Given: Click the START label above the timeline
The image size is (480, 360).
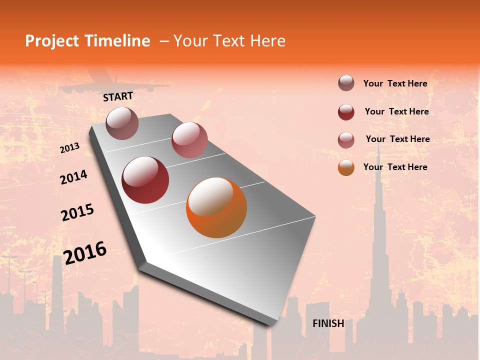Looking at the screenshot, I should (x=118, y=96).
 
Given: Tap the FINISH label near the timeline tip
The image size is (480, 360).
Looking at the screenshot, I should (x=328, y=323).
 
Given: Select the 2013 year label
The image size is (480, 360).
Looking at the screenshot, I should (x=70, y=148).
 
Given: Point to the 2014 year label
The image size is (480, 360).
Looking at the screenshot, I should (x=73, y=177).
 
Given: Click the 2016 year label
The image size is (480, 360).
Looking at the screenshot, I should (x=85, y=253).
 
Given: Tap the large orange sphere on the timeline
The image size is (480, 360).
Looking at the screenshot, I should (x=216, y=207).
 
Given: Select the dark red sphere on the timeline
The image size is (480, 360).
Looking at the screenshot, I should (x=145, y=180).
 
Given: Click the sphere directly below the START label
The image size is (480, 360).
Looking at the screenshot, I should (x=122, y=123).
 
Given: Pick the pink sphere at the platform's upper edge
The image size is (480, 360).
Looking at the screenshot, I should (x=189, y=140).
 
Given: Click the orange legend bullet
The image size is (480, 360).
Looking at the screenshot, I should (x=346, y=167).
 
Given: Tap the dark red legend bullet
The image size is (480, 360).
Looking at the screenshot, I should (x=346, y=112).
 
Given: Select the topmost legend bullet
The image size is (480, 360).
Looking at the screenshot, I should (x=346, y=83).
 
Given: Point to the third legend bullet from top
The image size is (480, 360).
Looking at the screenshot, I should (x=346, y=140).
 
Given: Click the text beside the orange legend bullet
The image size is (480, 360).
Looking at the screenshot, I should (x=395, y=167).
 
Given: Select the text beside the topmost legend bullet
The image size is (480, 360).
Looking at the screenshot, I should (x=395, y=83).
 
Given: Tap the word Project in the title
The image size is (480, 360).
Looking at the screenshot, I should (x=50, y=41).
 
